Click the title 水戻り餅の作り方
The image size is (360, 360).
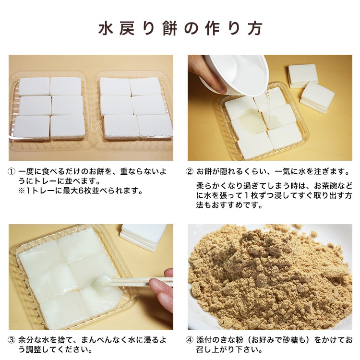pyautogui.click(x=180, y=28)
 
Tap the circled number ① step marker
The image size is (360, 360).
pyautogui.click(x=12, y=171)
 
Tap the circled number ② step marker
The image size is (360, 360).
pyautogui.click(x=190, y=171)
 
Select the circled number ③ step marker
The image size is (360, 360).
pyautogui.click(x=12, y=340)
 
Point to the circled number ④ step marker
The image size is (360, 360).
pyautogui.click(x=190, y=340)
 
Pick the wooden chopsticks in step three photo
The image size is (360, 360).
pyautogui.click(x=139, y=282)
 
